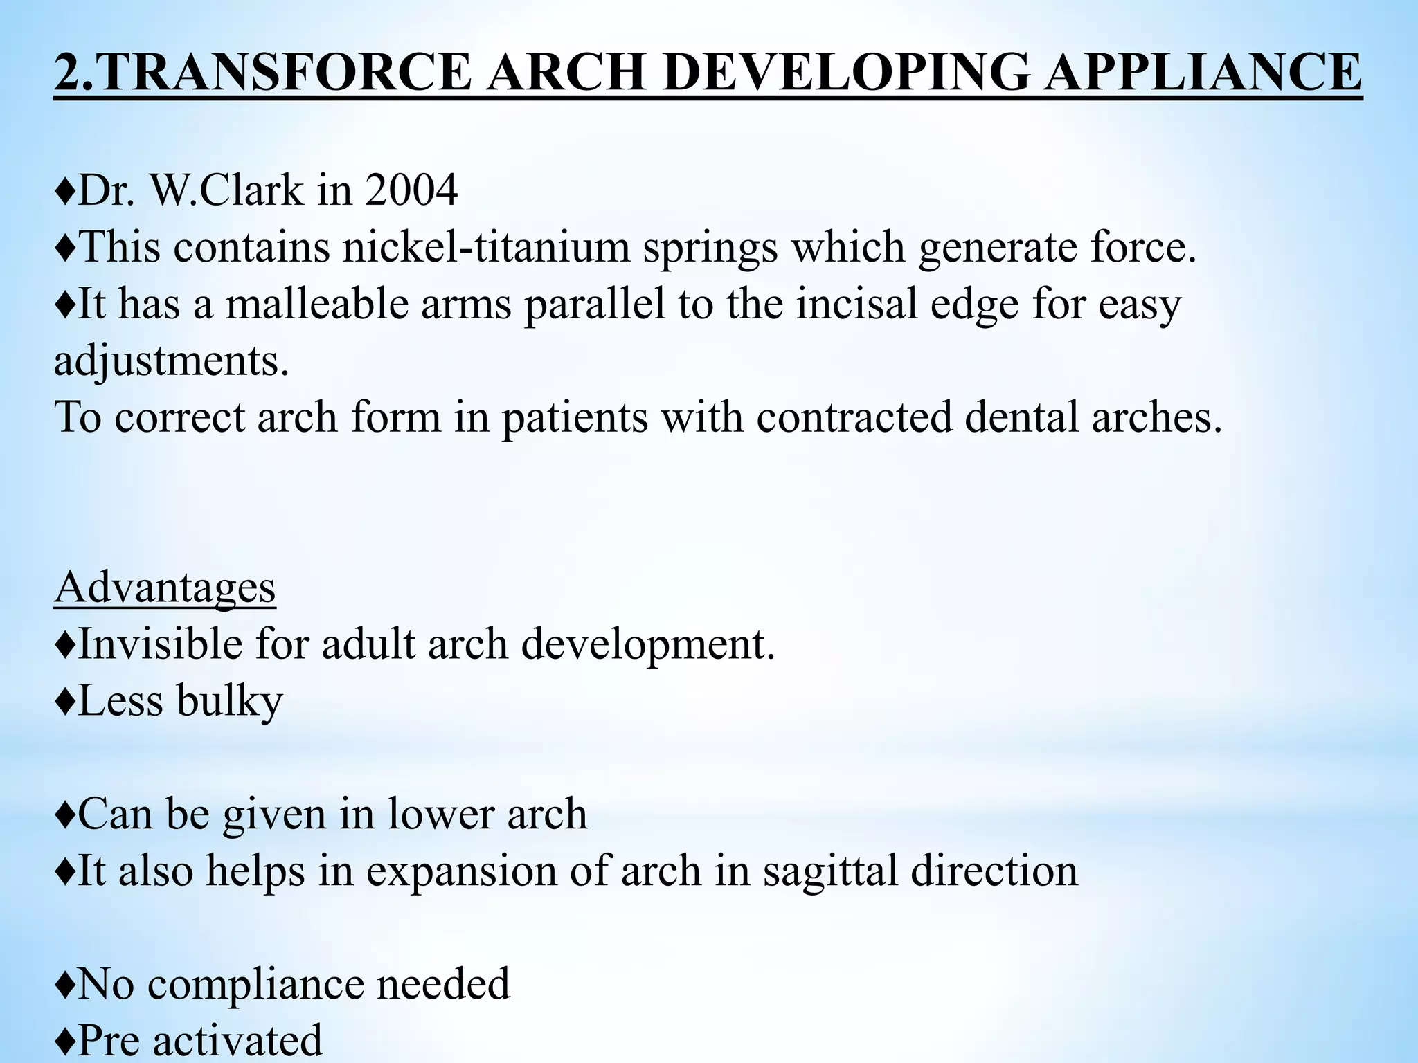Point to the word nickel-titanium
pyautogui.click(x=485, y=247)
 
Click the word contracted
pyautogui.click(x=854, y=417)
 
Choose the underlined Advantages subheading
pyautogui.click(x=165, y=588)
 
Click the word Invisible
pyautogui.click(x=160, y=644)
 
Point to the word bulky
pyautogui.click(x=229, y=701)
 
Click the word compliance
pyautogui.click(x=255, y=985)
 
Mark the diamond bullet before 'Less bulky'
pyautogui.click(x=64, y=701)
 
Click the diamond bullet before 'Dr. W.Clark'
pyautogui.click(x=64, y=191)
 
